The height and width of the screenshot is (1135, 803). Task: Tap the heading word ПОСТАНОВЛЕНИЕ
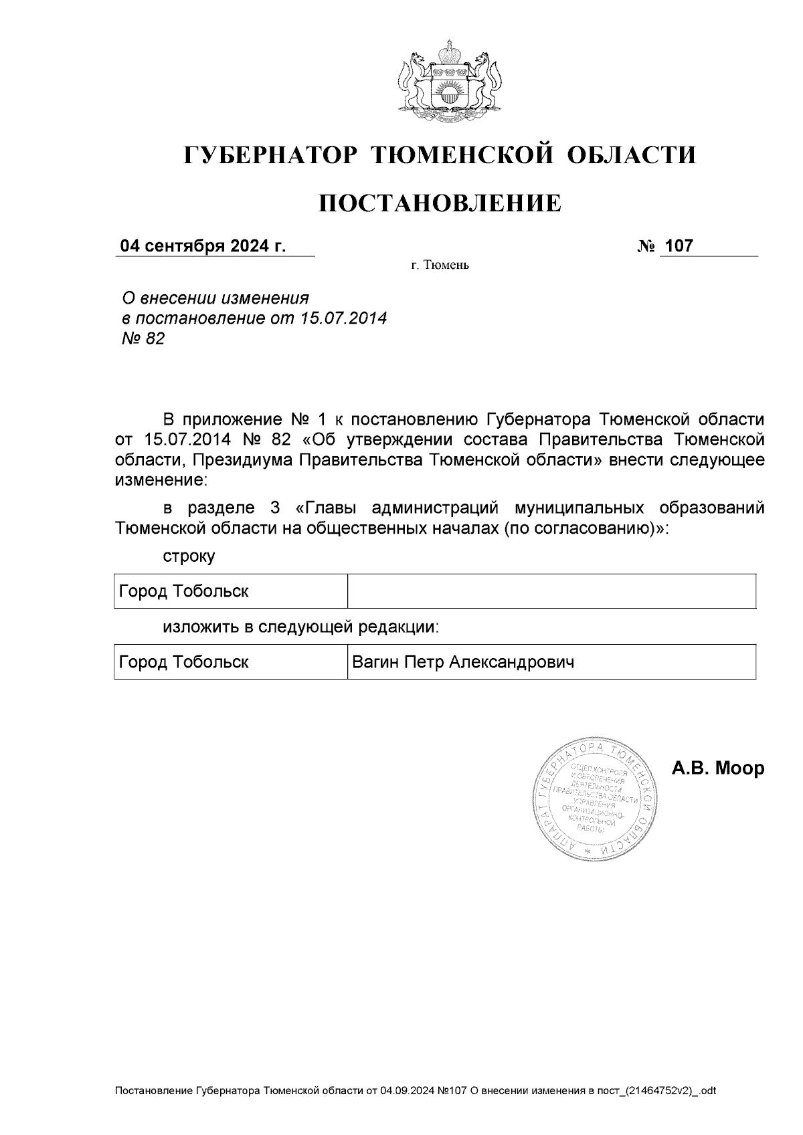440,203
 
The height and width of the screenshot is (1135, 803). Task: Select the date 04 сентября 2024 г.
203,246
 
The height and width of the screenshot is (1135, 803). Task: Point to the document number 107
679,246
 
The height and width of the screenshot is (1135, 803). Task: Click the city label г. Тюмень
440,266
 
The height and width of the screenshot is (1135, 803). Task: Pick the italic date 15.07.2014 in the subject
344,318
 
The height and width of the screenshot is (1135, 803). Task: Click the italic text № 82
142,339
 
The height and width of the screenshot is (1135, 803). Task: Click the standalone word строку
189,556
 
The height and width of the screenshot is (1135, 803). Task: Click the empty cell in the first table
551,591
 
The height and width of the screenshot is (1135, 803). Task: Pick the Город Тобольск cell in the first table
184,591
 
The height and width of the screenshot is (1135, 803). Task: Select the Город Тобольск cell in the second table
184,662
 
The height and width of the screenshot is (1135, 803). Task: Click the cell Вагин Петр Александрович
463,662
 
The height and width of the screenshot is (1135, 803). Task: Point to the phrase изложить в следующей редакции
301,627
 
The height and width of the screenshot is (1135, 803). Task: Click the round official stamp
595,800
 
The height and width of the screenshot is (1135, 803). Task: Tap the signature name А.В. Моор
717,768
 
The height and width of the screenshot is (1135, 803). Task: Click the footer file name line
416,1091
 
